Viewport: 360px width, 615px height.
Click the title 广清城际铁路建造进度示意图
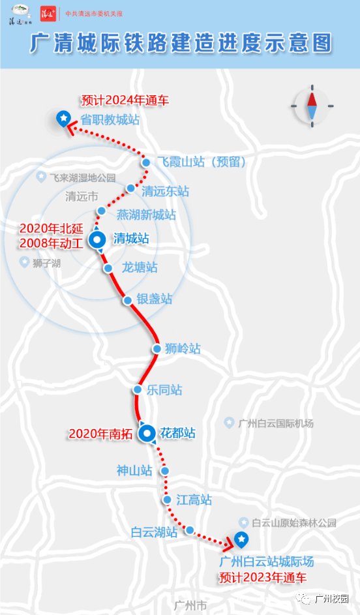click(x=181, y=44)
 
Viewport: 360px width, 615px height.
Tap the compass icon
click(x=312, y=106)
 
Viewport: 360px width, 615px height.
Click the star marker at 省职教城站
click(x=63, y=118)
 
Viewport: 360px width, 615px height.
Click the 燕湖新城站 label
click(x=146, y=214)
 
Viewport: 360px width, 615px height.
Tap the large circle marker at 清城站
click(x=98, y=239)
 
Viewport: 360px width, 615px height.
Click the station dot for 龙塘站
click(x=108, y=268)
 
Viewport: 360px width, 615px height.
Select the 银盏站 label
click(x=155, y=299)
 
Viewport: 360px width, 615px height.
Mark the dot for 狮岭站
click(x=157, y=349)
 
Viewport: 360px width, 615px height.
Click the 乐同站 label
click(x=164, y=390)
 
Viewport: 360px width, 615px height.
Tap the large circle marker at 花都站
click(x=147, y=432)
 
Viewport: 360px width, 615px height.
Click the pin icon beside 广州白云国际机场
click(x=229, y=423)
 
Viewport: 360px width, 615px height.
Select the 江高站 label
click(x=194, y=500)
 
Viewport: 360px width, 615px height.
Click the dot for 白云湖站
click(x=190, y=531)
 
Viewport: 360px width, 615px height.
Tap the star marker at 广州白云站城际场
click(x=241, y=539)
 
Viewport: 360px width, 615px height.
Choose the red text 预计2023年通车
click(x=263, y=577)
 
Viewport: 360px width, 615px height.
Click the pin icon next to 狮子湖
click(x=24, y=262)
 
